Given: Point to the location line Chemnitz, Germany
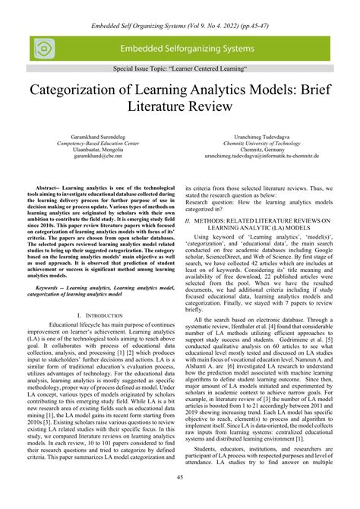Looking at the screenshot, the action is pos(261,148).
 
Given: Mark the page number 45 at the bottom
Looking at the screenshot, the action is pos(180,476).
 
